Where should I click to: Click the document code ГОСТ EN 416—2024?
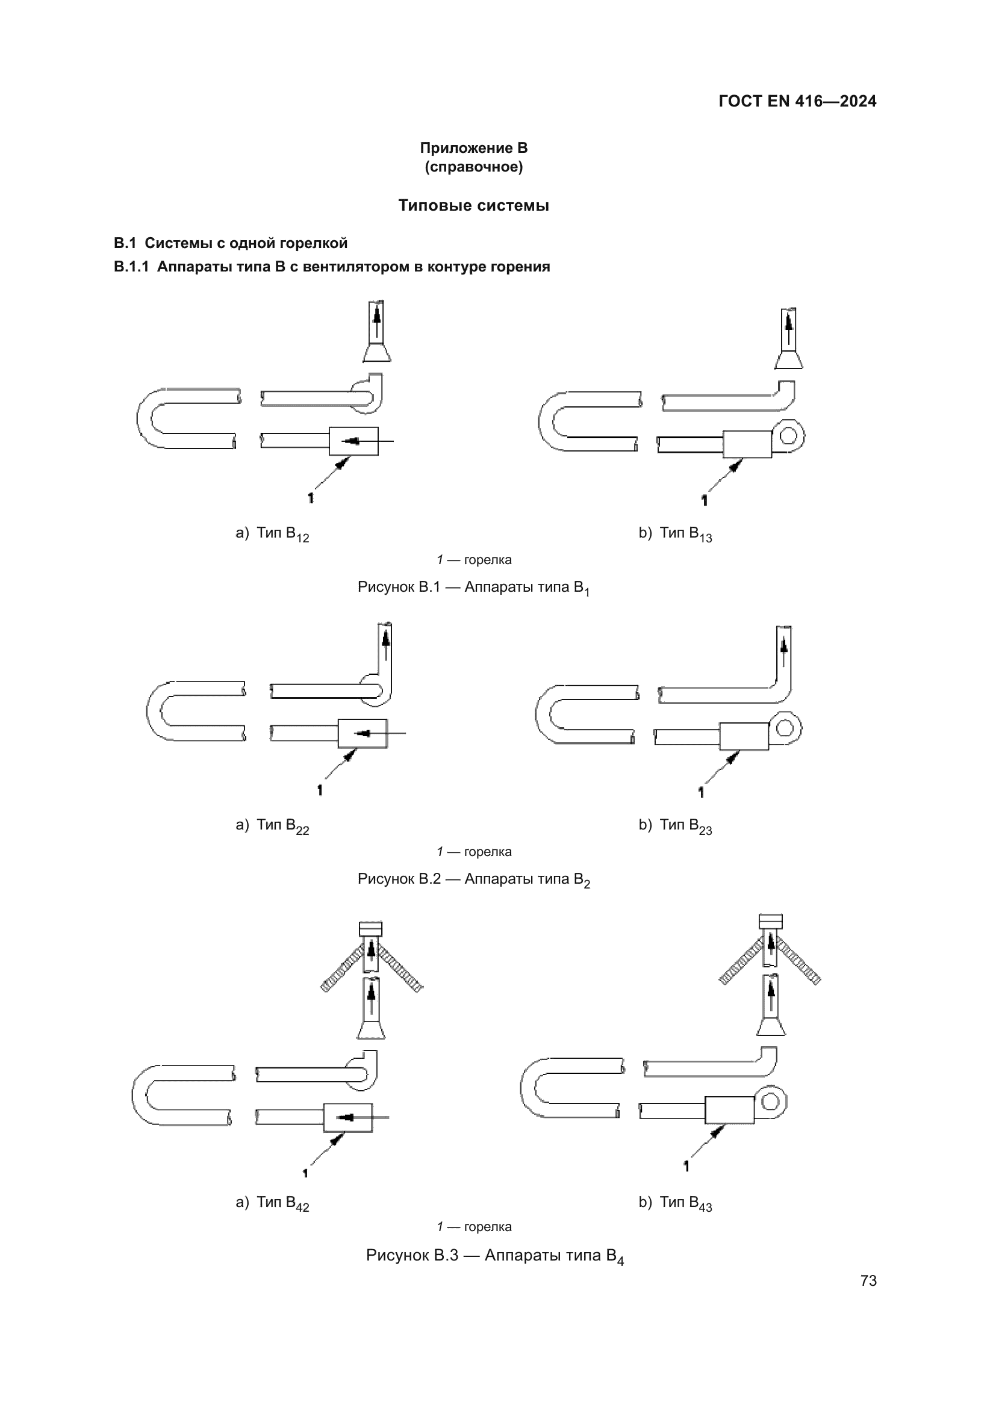click(797, 101)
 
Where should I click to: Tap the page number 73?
click(868, 1280)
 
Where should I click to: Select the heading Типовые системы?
click(473, 205)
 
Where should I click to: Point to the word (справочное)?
click(473, 167)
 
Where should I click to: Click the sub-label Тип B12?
click(281, 533)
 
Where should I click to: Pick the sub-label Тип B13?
click(685, 533)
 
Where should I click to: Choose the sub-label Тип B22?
click(281, 825)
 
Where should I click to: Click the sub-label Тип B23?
click(685, 825)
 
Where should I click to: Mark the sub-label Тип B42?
click(281, 1203)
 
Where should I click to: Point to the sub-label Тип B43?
click(685, 1203)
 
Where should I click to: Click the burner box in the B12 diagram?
click(354, 441)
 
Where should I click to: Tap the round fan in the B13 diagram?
click(789, 435)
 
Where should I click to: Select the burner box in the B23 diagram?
click(743, 736)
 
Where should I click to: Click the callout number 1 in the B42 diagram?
click(305, 1173)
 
